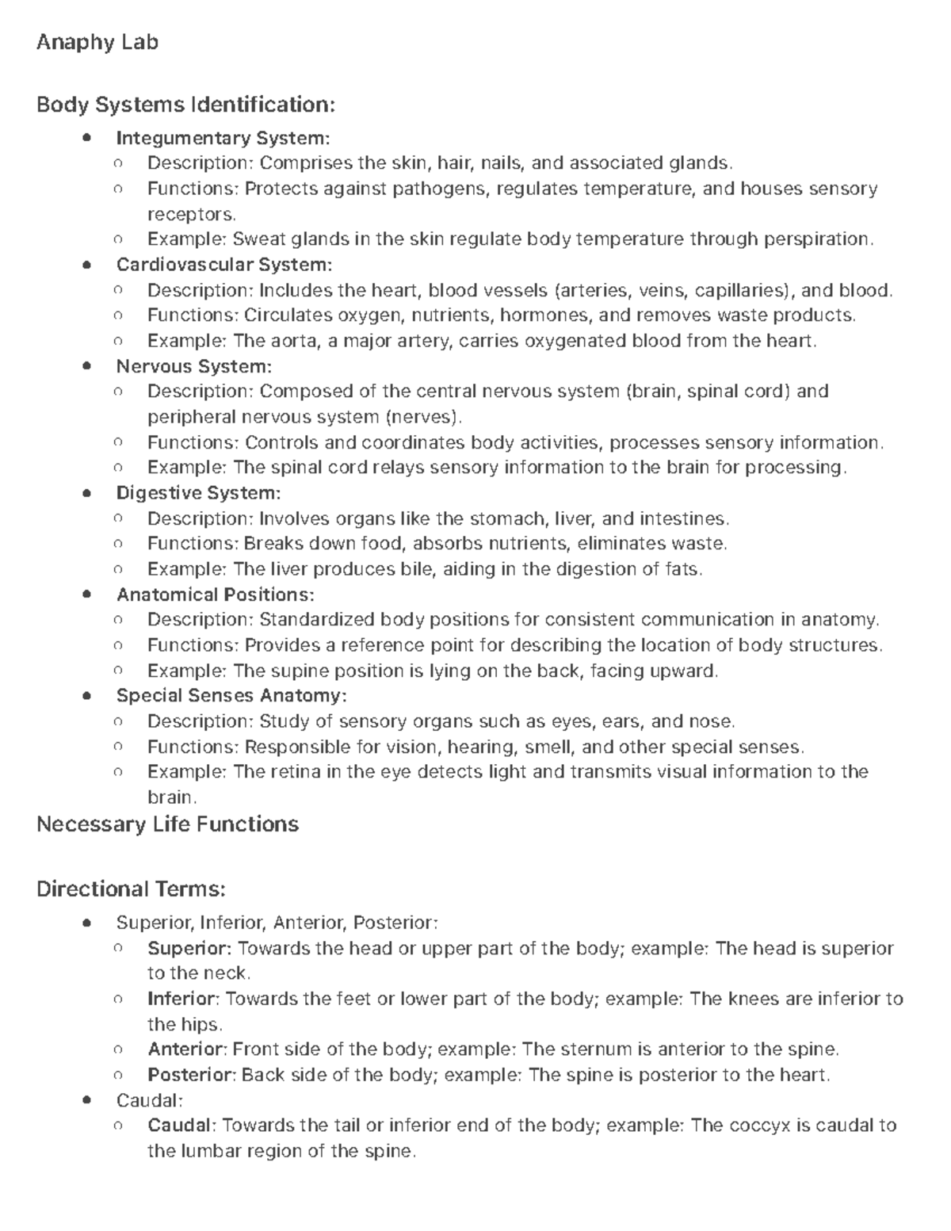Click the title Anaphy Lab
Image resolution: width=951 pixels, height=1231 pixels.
click(97, 42)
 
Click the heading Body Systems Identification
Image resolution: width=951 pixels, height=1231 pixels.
click(186, 105)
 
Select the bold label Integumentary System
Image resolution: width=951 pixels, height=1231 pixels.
click(223, 138)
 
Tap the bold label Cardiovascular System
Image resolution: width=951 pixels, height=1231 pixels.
click(224, 264)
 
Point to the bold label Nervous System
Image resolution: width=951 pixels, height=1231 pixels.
click(194, 366)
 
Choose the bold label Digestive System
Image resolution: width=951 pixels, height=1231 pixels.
click(198, 493)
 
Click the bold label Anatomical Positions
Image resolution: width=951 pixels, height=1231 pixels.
click(216, 594)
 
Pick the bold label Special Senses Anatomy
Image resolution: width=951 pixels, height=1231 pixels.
click(231, 696)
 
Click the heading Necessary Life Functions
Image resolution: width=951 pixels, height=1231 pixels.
click(168, 824)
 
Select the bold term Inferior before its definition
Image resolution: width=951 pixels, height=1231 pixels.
click(181, 999)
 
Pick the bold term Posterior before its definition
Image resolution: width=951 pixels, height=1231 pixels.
click(191, 1075)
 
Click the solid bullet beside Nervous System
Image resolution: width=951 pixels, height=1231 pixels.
click(87, 366)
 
